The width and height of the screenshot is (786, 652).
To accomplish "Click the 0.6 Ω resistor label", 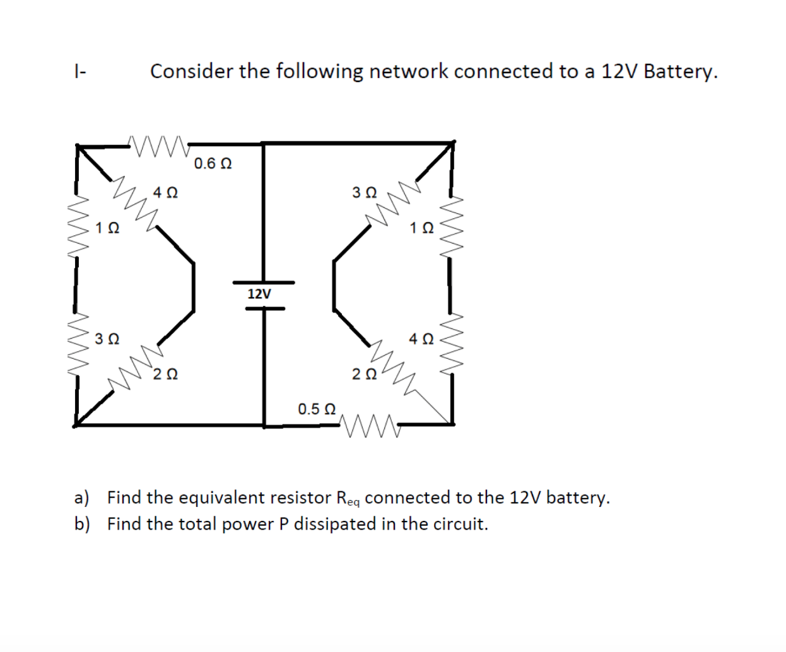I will click(213, 164).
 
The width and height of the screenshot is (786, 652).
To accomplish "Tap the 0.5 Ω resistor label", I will click(317, 409).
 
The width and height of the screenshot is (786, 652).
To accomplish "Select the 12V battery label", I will click(259, 294).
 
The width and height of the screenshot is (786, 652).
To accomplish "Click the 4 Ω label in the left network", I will click(165, 193).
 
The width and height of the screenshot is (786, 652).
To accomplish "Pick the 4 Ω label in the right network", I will click(421, 339).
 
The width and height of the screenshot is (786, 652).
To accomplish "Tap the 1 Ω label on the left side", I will click(107, 228).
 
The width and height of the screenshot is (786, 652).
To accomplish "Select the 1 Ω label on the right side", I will click(421, 228).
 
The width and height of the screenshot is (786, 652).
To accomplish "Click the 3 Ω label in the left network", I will click(107, 339).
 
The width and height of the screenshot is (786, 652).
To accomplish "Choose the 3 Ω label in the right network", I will click(365, 192).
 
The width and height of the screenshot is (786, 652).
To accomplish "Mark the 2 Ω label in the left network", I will click(165, 374).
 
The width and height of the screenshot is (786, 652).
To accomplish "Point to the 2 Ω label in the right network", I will click(365, 374).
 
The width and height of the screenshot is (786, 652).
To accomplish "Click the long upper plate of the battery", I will click(264, 282).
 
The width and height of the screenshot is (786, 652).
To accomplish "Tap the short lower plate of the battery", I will click(265, 308).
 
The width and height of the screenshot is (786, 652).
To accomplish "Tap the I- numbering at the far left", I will click(80, 71).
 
